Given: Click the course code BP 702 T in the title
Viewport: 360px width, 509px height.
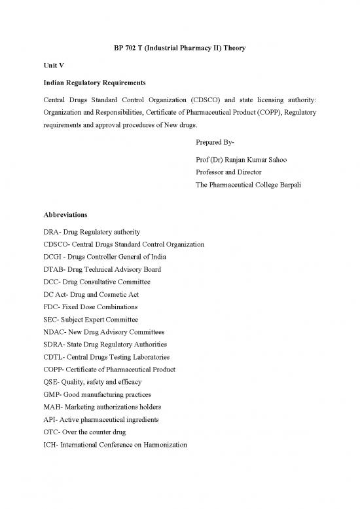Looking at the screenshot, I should (x=117, y=48).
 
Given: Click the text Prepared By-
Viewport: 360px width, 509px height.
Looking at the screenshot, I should (x=215, y=141).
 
